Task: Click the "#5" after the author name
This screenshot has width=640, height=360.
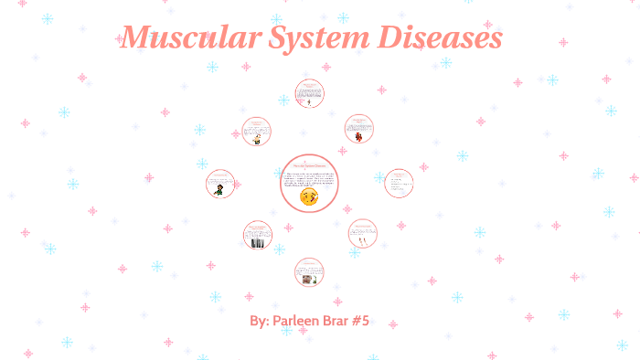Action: pyautogui.click(x=370, y=323)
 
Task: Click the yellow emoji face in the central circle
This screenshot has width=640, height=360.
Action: pyautogui.click(x=309, y=196)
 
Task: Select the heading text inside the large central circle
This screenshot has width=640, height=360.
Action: pyautogui.click(x=309, y=164)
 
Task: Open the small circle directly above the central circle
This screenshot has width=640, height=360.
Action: pyautogui.click(x=309, y=93)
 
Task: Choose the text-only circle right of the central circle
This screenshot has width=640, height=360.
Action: pyautogui.click(x=398, y=183)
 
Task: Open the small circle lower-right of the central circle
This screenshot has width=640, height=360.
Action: pyautogui.click(x=363, y=234)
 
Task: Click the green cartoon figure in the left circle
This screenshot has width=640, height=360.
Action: pyautogui.click(x=219, y=190)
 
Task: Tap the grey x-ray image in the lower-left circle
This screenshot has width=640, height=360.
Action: pyautogui.click(x=258, y=243)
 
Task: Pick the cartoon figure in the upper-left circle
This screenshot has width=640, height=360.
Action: pyautogui.click(x=257, y=139)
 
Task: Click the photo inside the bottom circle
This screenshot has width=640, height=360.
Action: pyautogui.click(x=309, y=280)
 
